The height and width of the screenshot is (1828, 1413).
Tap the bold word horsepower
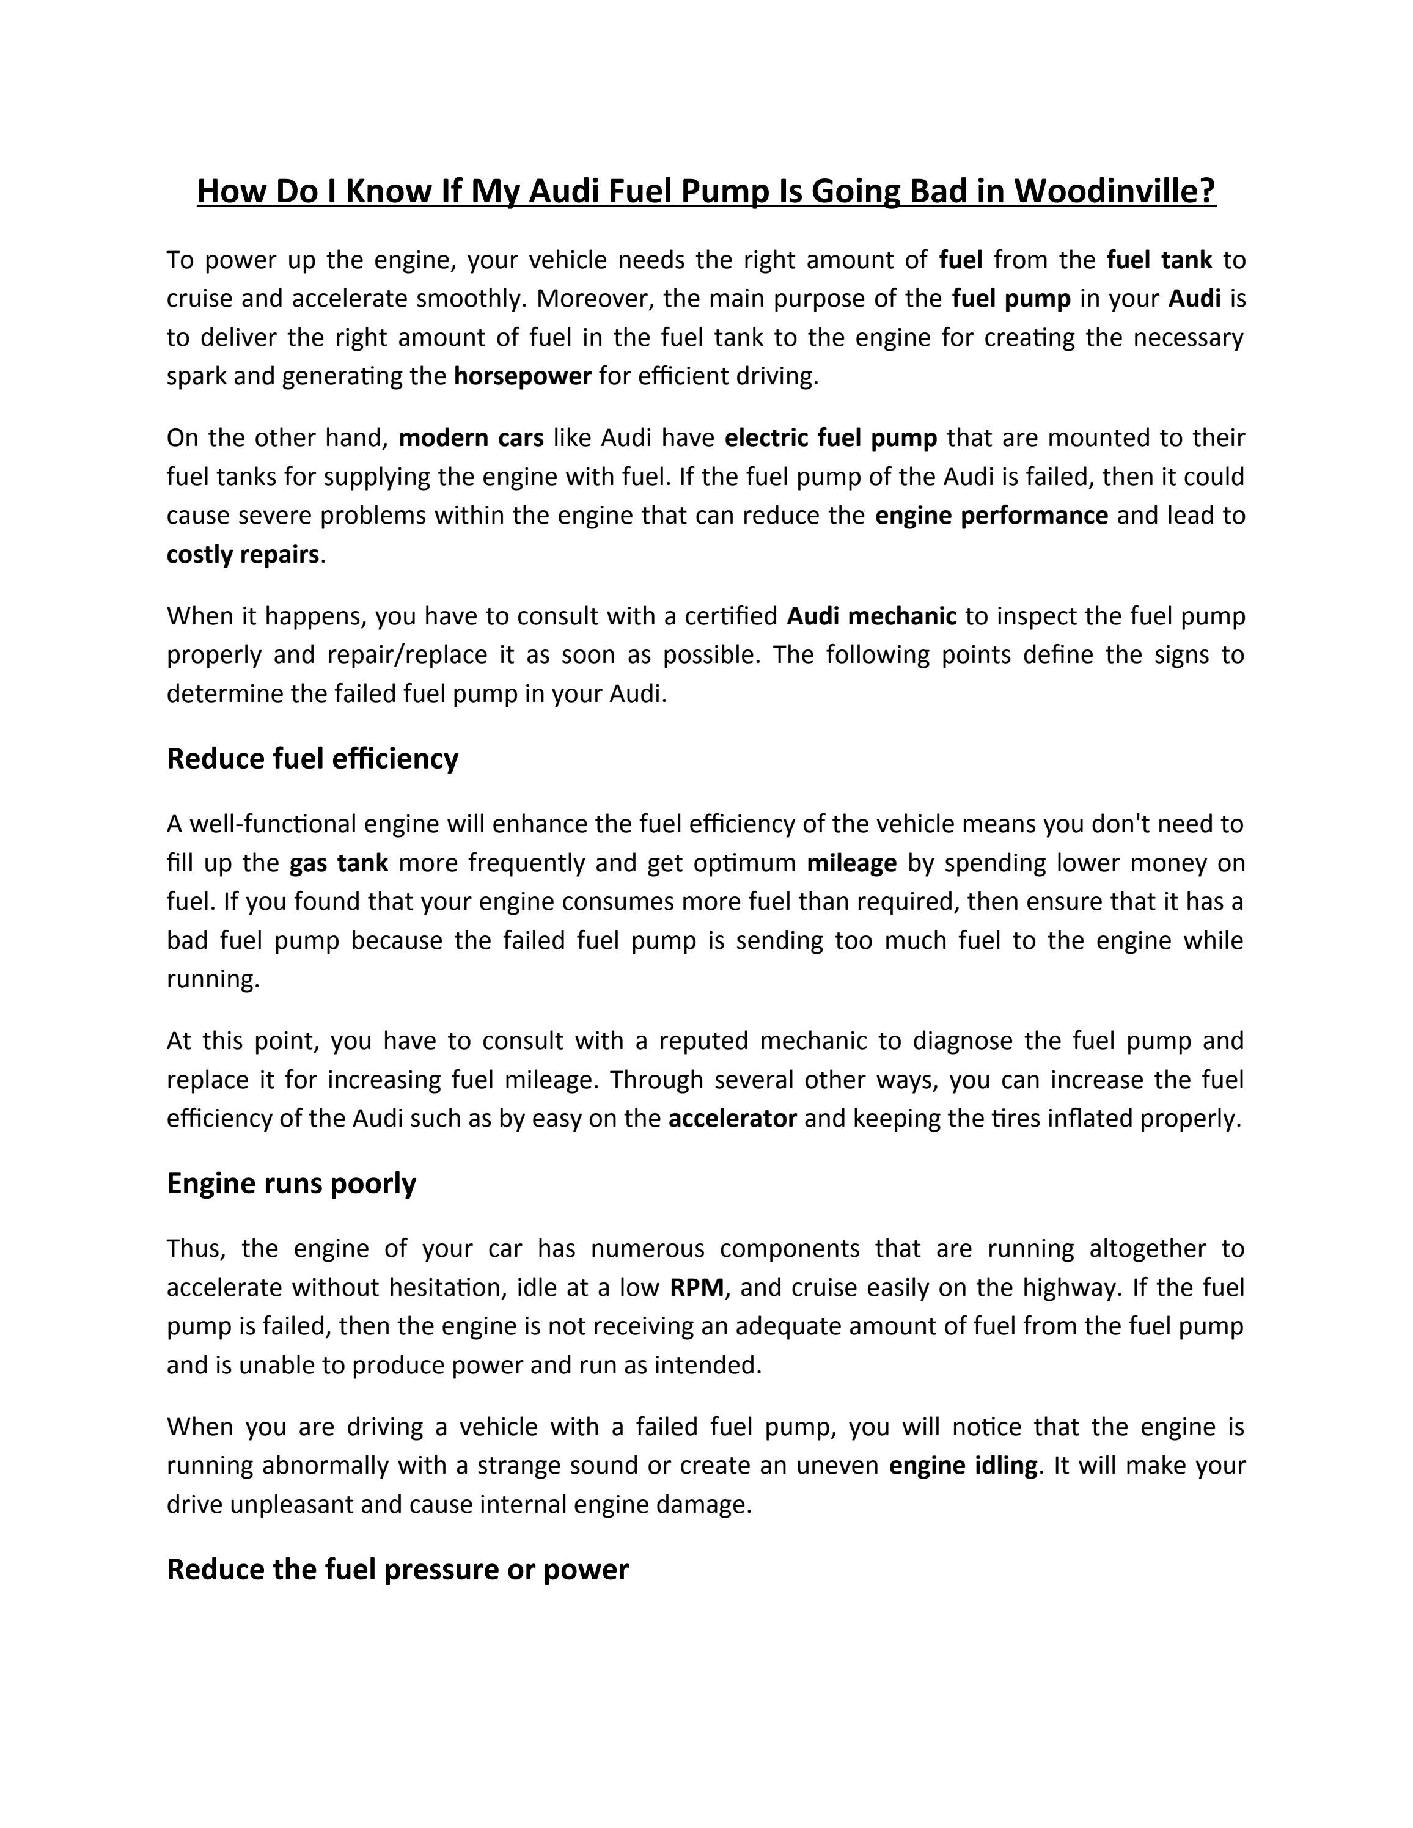[x=523, y=376]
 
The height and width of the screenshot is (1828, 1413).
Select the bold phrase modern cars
[x=471, y=437]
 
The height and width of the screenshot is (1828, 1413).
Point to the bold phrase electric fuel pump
[x=831, y=437]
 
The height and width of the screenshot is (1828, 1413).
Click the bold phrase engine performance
[x=991, y=516]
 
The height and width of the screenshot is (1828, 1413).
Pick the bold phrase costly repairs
[x=243, y=555]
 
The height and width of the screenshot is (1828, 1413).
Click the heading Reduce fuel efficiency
[x=312, y=758]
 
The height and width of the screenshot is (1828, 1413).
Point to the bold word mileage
[x=851, y=863]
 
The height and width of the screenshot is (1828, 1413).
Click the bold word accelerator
[x=732, y=1119]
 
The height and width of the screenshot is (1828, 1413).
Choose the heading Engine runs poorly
[x=292, y=1183]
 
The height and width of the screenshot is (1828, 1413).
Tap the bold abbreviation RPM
[x=697, y=1287]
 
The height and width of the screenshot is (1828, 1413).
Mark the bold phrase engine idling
[x=963, y=1466]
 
